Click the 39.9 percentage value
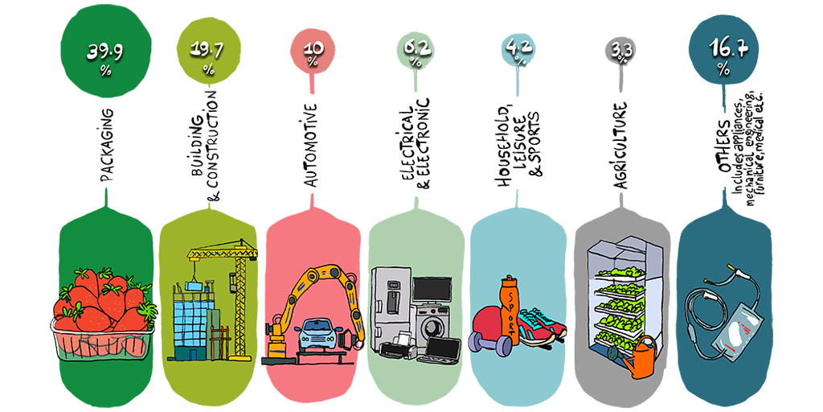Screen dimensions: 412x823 tap(104, 52)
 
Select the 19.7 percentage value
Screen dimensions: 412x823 tap(207, 51)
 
